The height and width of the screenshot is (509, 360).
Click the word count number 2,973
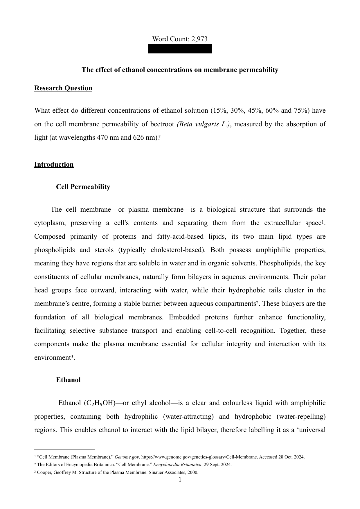click(x=199, y=39)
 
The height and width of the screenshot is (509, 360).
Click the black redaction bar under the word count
click(x=180, y=49)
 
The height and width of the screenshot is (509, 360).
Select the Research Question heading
click(x=63, y=88)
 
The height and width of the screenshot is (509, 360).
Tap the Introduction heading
click(x=54, y=164)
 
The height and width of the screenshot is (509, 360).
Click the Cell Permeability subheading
click(x=83, y=187)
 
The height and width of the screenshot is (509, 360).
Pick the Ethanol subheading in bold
click(x=68, y=380)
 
